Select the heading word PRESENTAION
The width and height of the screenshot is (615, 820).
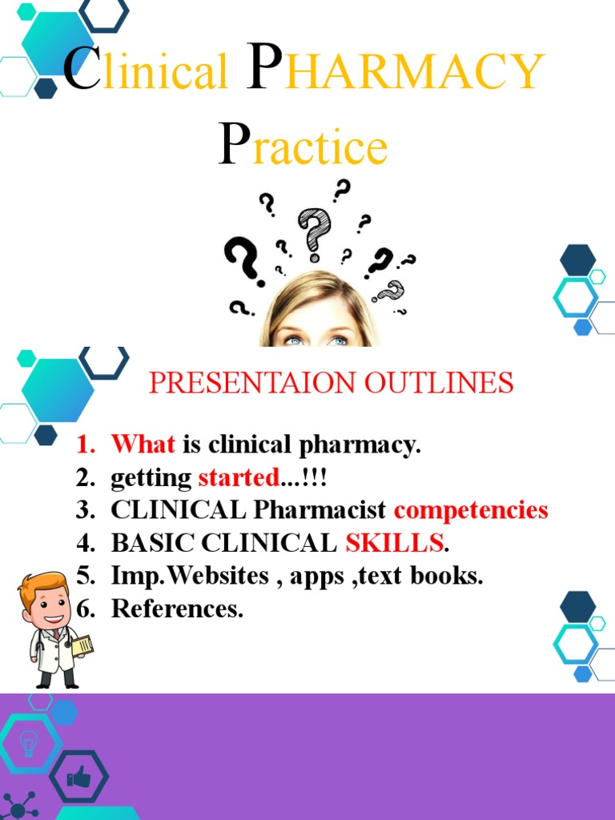pyautogui.click(x=253, y=383)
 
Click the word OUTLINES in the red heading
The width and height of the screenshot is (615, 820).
pyautogui.click(x=439, y=383)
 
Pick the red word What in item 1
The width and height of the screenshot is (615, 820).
pyautogui.click(x=143, y=444)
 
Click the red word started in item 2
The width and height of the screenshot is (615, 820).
pyautogui.click(x=238, y=478)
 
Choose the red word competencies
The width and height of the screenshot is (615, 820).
pyautogui.click(x=471, y=510)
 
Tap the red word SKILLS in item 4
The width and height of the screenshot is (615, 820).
pyautogui.click(x=394, y=543)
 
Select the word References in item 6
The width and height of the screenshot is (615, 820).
pyautogui.click(x=176, y=609)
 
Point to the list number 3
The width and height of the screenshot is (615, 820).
pyautogui.click(x=85, y=510)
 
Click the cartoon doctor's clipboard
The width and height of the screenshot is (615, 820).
pyautogui.click(x=82, y=645)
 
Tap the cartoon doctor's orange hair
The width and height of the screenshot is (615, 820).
pyautogui.click(x=44, y=583)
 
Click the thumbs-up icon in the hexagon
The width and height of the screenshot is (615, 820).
pyautogui.click(x=78, y=775)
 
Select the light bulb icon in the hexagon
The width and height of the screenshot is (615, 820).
pyautogui.click(x=28, y=742)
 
